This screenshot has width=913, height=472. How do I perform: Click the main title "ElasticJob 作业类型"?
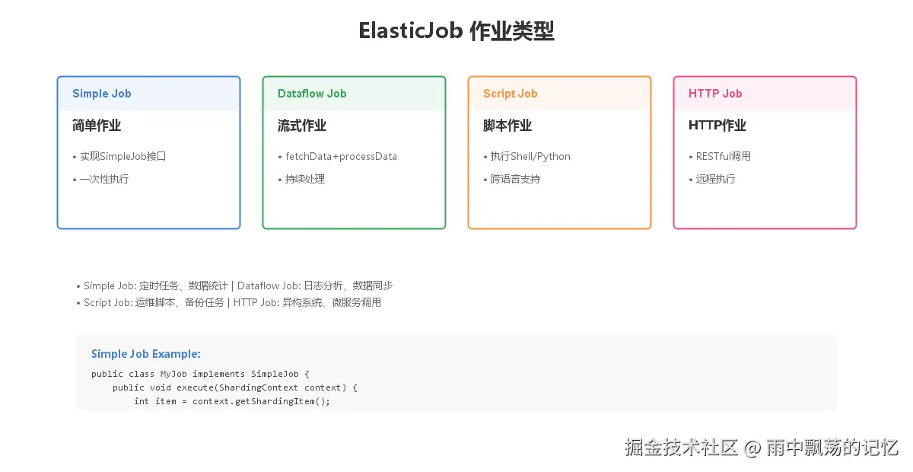(x=456, y=31)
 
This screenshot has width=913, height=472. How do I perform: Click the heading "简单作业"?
(x=97, y=126)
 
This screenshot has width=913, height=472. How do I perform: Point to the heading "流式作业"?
(x=302, y=126)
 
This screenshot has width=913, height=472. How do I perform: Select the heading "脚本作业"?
(x=507, y=126)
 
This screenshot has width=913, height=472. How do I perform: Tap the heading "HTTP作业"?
(x=717, y=126)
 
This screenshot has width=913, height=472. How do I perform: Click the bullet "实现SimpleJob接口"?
(x=122, y=156)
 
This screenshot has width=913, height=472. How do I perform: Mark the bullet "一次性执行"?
(x=104, y=179)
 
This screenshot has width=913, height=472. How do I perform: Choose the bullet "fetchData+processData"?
(x=341, y=156)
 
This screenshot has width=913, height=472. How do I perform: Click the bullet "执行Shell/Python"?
(x=530, y=156)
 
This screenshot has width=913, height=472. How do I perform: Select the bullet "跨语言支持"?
(x=515, y=179)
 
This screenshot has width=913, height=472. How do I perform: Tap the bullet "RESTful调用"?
(x=723, y=156)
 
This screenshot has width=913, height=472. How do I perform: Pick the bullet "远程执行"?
(x=715, y=179)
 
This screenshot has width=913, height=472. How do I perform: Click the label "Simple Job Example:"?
(x=146, y=354)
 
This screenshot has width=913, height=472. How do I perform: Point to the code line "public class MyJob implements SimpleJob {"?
(x=201, y=374)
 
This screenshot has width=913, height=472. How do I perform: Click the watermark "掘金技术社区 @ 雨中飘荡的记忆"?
(x=762, y=447)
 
